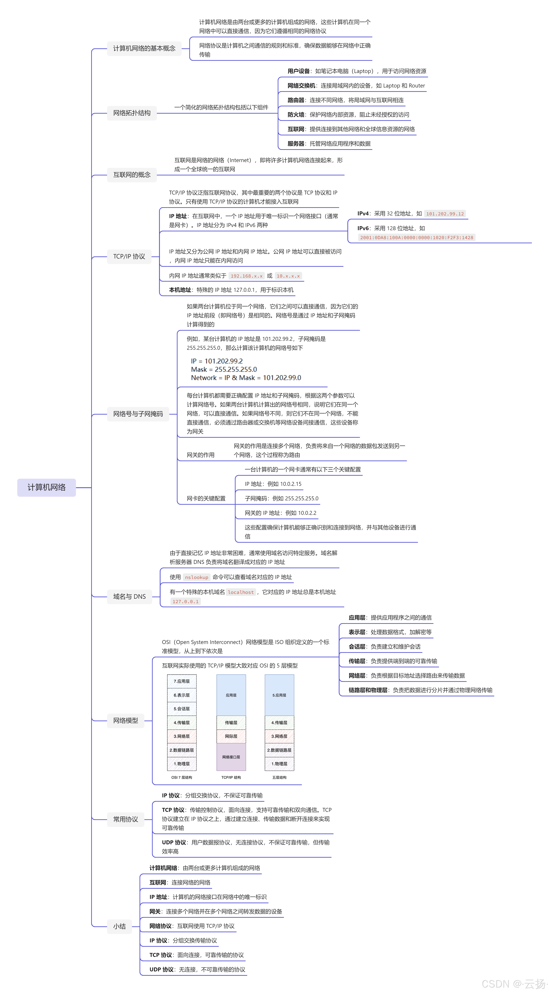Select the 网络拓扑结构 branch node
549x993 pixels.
tap(132, 113)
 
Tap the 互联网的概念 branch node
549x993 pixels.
tap(132, 175)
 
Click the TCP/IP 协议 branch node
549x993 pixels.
tap(129, 256)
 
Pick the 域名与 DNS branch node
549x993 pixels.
tap(130, 596)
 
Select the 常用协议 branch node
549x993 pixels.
tap(126, 819)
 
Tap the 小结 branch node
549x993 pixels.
tap(120, 926)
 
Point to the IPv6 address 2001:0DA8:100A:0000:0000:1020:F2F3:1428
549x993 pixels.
tap(416, 237)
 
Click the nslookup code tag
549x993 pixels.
tap(197, 577)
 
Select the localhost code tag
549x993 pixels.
tap(241, 592)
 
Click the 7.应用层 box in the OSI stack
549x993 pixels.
tap(182, 681)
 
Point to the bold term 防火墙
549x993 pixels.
tap(296, 114)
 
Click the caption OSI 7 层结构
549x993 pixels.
tap(182, 777)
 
